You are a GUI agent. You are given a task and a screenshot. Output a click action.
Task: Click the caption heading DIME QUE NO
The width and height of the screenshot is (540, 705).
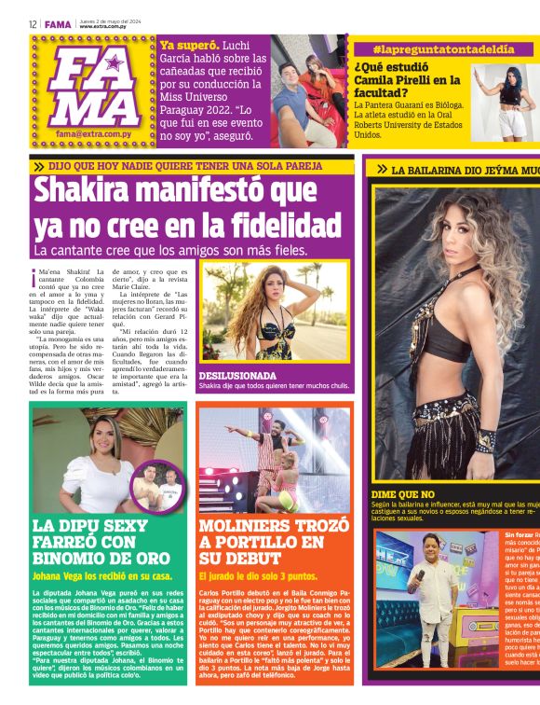[403, 493]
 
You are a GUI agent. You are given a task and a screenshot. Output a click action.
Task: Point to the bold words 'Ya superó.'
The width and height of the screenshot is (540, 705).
[189, 45]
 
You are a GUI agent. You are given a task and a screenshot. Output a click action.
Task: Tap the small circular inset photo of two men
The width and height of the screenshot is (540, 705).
[157, 485]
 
